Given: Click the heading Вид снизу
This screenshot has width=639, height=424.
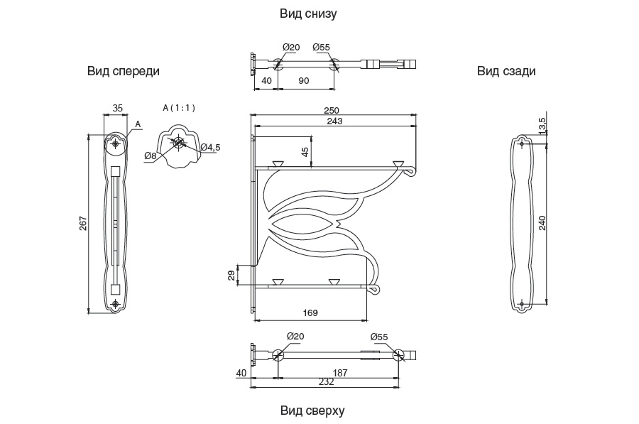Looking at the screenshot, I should [x=308, y=13].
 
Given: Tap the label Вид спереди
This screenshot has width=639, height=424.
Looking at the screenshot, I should [x=124, y=71].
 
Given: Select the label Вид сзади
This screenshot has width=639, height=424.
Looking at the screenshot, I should [x=506, y=71].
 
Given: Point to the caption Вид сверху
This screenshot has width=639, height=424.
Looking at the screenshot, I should [x=312, y=411].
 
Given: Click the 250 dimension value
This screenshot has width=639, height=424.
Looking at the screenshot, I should [x=332, y=110].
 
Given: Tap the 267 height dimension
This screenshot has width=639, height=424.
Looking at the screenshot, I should [x=83, y=223].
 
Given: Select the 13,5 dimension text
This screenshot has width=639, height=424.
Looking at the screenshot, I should [x=543, y=125].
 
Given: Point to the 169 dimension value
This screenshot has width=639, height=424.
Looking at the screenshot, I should [x=310, y=312].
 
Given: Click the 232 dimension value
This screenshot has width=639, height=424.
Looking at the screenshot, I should [x=326, y=382].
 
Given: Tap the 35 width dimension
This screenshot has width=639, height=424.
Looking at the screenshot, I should [x=118, y=108].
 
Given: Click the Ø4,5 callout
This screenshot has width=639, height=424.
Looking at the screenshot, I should [x=211, y=147].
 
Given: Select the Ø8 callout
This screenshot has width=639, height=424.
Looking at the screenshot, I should [x=150, y=156].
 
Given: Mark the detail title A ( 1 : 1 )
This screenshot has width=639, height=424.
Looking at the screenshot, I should [x=179, y=108].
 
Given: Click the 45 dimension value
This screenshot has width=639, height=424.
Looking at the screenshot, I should [x=305, y=152].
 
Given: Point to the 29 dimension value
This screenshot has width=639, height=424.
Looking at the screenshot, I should [x=231, y=275].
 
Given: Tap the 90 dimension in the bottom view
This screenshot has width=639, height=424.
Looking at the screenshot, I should [x=303, y=81].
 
